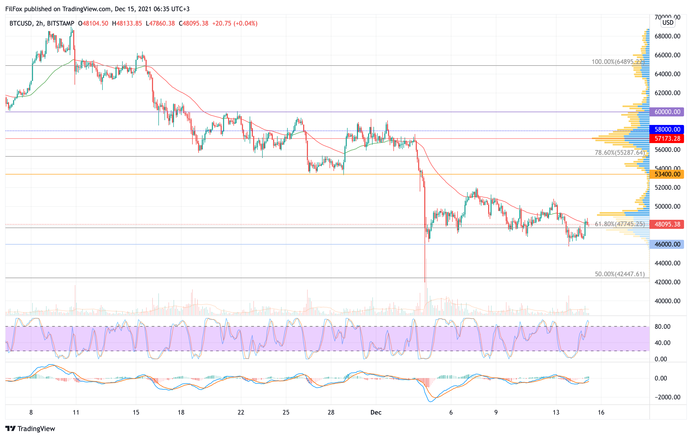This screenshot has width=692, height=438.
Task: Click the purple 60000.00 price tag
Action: (667, 112)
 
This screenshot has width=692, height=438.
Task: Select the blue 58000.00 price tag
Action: (667, 129)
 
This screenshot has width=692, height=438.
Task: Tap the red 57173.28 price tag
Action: (667, 139)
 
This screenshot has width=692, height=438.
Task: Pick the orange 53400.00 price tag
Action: (667, 174)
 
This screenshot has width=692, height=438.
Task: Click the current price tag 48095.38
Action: (667, 224)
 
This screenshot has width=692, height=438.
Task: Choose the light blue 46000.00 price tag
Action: (667, 245)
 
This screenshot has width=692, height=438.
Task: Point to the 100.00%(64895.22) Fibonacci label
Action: (618, 62)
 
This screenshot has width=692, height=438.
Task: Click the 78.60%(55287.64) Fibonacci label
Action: (620, 153)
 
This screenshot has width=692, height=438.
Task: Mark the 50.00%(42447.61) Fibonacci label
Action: (620, 274)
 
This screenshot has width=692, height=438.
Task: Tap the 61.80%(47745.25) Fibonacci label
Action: (620, 224)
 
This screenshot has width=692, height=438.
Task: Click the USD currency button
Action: (668, 22)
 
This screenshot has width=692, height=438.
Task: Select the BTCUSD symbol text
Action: (21, 23)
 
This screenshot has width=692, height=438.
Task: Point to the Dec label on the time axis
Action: (376, 412)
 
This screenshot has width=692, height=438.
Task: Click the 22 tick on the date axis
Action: (241, 412)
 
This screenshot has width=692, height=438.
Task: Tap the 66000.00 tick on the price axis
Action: (667, 55)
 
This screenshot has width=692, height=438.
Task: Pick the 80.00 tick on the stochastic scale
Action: (662, 326)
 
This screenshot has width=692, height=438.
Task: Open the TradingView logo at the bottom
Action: (30, 428)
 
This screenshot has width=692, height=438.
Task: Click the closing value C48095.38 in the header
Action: (193, 23)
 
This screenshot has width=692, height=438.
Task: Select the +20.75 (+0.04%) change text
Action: (234, 23)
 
